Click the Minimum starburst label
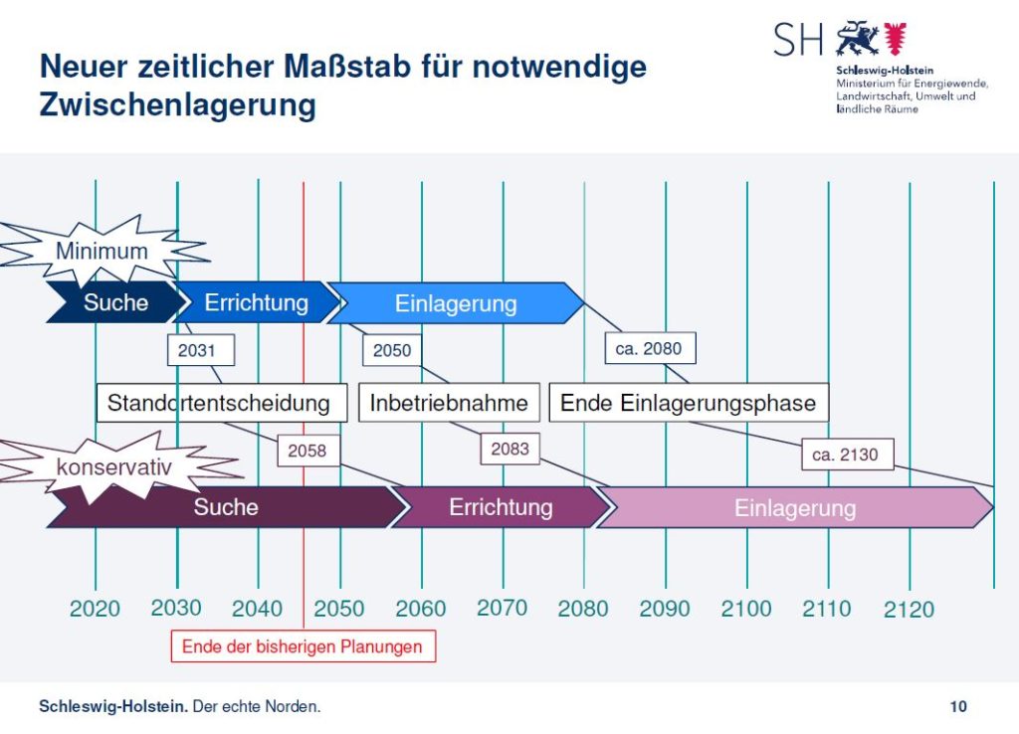[x=101, y=251]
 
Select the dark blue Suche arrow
[x=115, y=303]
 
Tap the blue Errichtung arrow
[x=257, y=303]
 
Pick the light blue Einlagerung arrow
[x=456, y=303]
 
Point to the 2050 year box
[x=392, y=350]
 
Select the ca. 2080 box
[x=650, y=348]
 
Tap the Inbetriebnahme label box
[x=449, y=403]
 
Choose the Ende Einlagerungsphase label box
[x=689, y=403]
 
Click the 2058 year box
[x=307, y=451]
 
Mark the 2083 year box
[x=509, y=450]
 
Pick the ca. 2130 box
[x=846, y=455]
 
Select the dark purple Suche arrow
[x=226, y=507]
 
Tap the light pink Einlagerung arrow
[x=794, y=508]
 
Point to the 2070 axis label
[x=502, y=607]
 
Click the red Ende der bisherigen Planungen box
[x=303, y=646]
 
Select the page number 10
[x=958, y=707]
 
